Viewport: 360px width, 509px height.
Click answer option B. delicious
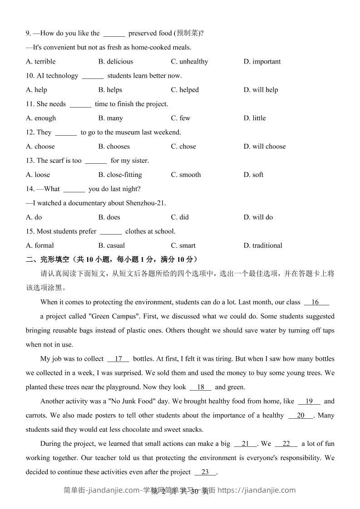click(115, 61)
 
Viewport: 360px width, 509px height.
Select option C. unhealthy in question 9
click(189, 61)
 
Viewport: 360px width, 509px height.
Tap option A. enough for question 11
click(41, 118)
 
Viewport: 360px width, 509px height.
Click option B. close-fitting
click(120, 175)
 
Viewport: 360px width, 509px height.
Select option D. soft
click(253, 175)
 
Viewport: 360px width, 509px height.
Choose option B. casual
click(111, 245)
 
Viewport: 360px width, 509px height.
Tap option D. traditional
click(263, 245)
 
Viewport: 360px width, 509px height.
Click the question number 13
click(30, 161)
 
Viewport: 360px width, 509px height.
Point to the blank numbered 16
click(316, 302)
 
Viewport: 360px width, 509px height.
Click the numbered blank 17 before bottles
click(118, 359)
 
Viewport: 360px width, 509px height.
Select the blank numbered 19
click(309, 401)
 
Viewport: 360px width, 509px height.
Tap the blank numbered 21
click(246, 444)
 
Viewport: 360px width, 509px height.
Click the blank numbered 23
click(205, 472)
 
